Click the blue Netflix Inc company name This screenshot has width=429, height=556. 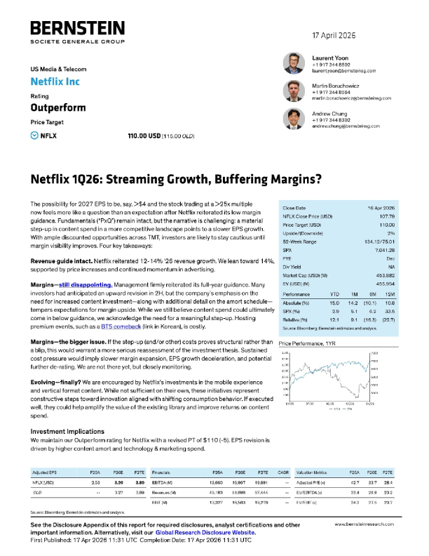coord(55,81)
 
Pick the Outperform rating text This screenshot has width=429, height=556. coord(57,108)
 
